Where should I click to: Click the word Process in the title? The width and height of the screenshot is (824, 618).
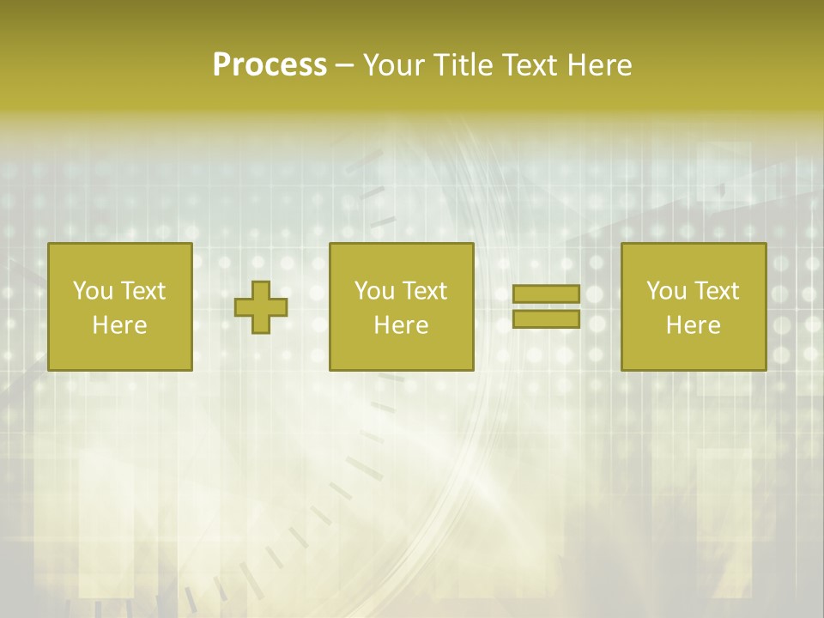click(x=270, y=65)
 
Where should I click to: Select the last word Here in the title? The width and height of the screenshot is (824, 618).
click(x=599, y=65)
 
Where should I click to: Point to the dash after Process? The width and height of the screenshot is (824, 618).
click(x=344, y=66)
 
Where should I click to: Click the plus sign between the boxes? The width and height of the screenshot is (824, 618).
click(x=262, y=307)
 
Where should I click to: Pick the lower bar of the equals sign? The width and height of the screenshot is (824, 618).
click(x=546, y=319)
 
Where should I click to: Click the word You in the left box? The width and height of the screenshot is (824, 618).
click(x=93, y=291)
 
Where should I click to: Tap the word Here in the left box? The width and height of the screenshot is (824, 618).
click(x=119, y=325)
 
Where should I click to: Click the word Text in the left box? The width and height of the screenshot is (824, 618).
click(x=142, y=291)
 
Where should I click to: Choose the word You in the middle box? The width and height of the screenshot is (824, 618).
click(x=374, y=291)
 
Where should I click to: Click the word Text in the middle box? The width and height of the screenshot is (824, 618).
click(x=424, y=291)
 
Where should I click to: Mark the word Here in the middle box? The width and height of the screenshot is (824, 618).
click(x=401, y=325)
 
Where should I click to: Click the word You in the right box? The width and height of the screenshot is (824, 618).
click(x=666, y=291)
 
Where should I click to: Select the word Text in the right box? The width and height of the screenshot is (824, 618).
click(x=716, y=291)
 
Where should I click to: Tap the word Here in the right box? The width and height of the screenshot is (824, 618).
click(x=693, y=325)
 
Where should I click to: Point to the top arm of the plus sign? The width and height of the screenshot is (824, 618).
click(x=262, y=289)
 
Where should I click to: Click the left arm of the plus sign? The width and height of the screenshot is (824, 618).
click(x=244, y=307)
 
